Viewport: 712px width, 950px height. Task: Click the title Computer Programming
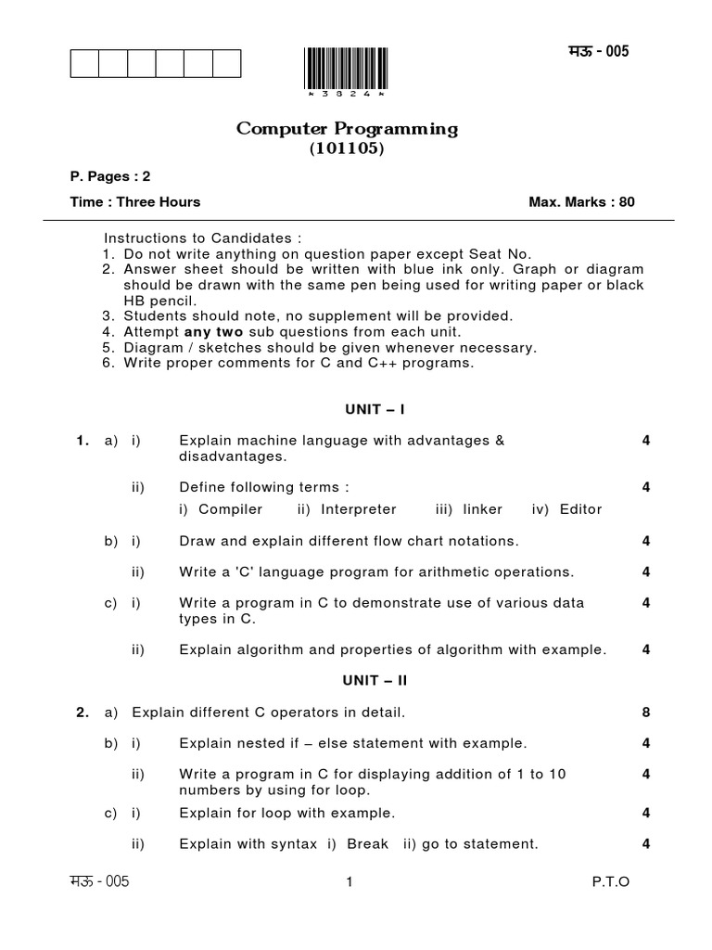347,129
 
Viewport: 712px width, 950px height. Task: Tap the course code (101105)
347,148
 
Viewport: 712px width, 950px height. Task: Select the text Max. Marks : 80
581,202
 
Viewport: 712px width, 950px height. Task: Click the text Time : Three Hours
135,202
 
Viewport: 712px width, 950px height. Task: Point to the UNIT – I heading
374,409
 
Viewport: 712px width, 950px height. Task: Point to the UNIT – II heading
375,680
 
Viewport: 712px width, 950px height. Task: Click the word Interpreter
358,509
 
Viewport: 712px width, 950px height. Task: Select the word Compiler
231,509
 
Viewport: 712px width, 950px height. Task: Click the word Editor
580,509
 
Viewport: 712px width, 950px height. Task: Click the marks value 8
645,712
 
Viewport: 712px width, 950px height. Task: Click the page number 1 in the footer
349,882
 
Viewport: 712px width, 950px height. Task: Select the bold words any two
213,332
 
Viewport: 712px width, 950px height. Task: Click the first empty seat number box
84,63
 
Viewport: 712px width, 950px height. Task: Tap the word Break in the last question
367,844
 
